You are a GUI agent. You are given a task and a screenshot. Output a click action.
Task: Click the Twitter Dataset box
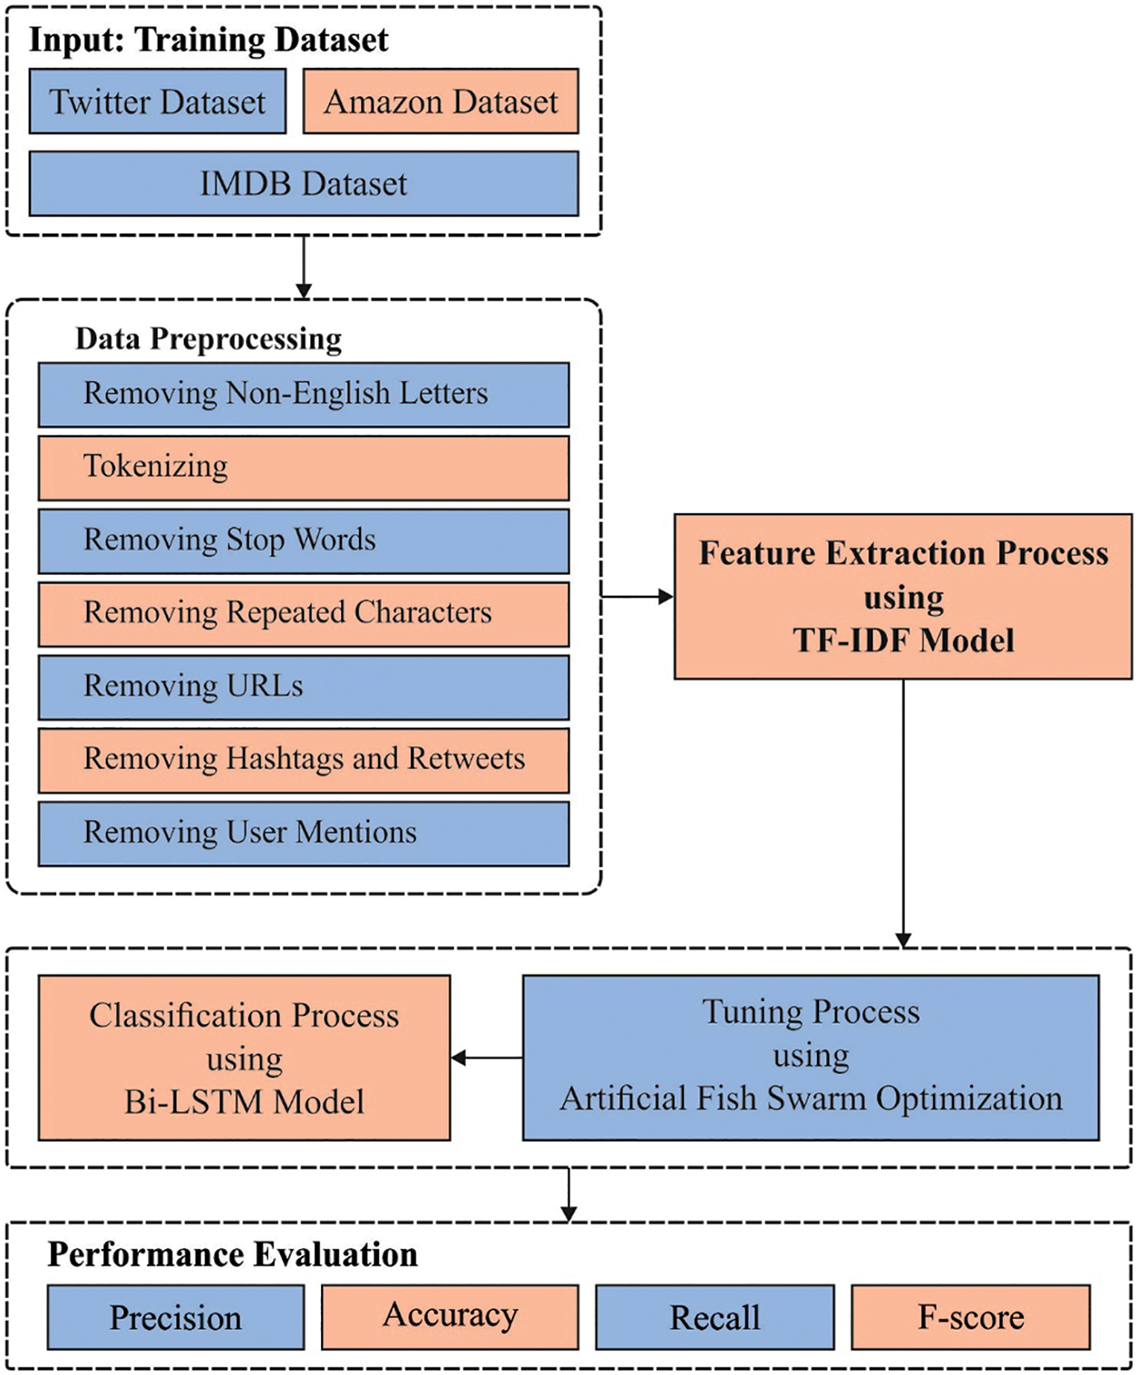pos(158,102)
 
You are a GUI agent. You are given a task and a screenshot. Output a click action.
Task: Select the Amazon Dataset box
pos(441,102)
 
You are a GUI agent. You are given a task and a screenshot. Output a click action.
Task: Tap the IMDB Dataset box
pos(304,183)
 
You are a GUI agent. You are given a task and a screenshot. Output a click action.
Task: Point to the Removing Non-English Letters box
pos(304,395)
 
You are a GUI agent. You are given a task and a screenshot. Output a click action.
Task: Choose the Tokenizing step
pos(304,468)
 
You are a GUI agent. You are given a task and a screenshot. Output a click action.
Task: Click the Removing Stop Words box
pos(304,541)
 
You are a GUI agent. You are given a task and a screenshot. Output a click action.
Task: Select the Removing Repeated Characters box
pos(304,614)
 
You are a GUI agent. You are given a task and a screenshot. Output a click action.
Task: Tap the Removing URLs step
pos(304,687)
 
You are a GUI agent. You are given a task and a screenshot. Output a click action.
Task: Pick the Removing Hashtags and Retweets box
pos(304,760)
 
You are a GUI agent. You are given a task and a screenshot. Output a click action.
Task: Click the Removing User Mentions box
pos(304,833)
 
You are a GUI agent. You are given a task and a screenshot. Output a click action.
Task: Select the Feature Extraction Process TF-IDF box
pos(903,597)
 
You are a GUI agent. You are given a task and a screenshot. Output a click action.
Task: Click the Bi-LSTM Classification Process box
pos(244,1058)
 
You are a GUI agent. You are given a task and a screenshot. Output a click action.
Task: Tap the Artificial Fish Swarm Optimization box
pos(811,1058)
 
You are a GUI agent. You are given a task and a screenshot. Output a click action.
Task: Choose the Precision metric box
pos(176,1317)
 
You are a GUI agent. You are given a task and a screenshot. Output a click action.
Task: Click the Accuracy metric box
pos(450,1317)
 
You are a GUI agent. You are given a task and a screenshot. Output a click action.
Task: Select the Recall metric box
pos(715,1317)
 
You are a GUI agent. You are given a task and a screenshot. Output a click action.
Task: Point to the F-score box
pos(970,1317)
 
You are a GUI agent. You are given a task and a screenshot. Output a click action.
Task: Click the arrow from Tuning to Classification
pos(487,1058)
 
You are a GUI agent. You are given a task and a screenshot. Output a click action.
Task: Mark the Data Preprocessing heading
pos(209,339)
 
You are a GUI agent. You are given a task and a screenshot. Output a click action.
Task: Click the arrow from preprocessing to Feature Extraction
pos(637,597)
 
